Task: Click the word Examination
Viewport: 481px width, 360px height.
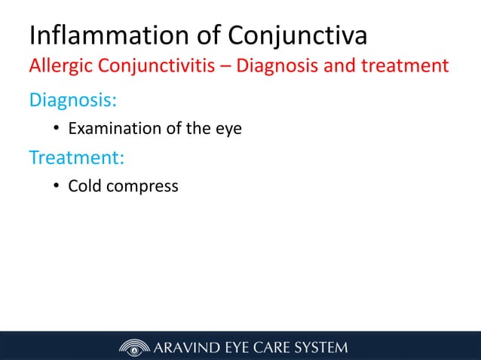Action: [114, 129]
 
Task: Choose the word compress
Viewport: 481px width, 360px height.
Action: [143, 186]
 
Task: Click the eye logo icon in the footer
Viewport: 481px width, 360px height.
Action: [134, 347]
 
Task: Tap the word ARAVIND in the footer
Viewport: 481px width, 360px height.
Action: [189, 347]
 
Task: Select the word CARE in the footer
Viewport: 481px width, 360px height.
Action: [272, 347]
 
